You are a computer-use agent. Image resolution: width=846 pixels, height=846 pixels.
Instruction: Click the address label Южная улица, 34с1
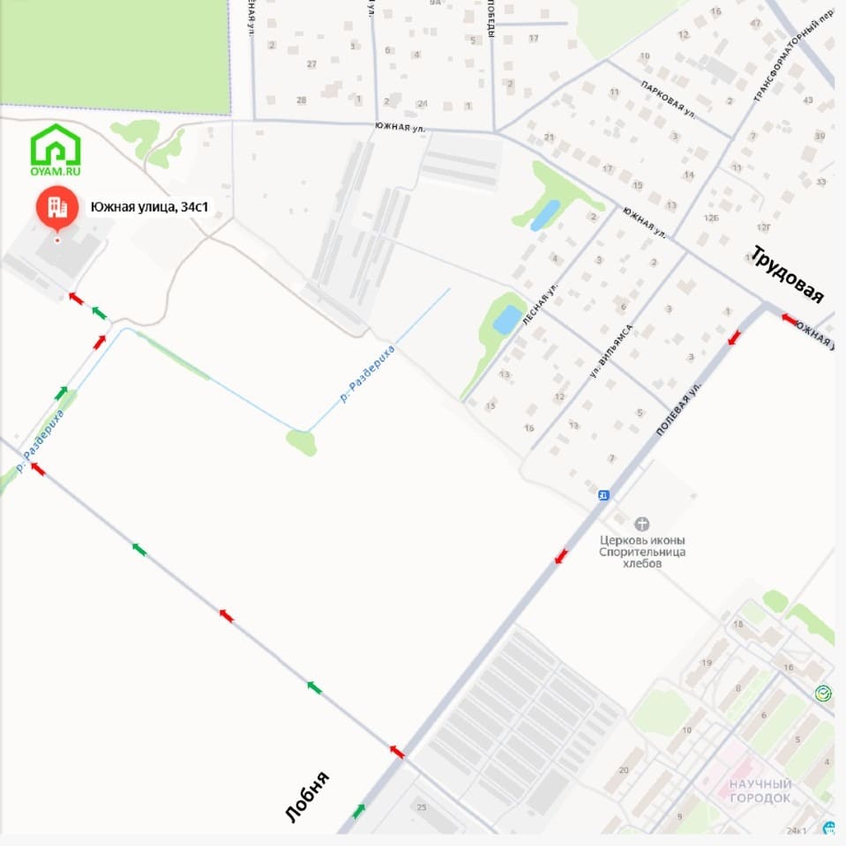161,207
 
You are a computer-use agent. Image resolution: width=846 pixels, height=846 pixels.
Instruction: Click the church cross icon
641,523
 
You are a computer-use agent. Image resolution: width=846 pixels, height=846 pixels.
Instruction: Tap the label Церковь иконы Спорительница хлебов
642,552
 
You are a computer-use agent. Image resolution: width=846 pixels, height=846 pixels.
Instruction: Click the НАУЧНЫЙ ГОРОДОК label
760,790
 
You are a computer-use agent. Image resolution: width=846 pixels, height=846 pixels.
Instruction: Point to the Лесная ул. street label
540,305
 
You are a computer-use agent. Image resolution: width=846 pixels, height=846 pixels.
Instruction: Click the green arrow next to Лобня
359,811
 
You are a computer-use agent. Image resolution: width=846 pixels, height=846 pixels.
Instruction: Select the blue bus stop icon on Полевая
603,495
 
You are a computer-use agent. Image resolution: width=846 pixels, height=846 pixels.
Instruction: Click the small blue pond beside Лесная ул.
507,318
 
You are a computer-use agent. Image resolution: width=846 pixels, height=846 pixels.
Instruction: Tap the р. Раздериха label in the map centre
368,375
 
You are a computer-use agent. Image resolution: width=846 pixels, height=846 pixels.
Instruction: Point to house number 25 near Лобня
421,808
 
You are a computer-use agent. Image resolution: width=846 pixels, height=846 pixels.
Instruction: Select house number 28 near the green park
302,100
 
